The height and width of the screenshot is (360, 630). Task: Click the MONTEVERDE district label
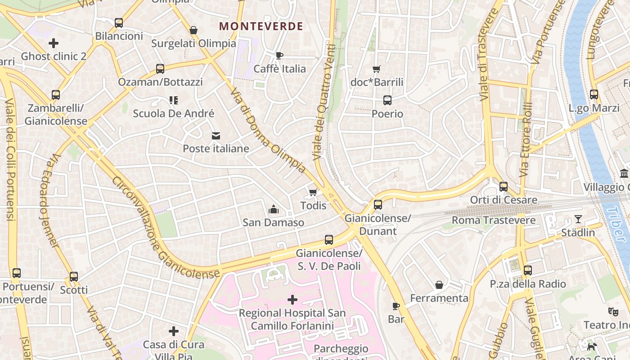tap(261, 26)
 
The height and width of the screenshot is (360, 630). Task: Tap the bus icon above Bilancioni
tap(119, 23)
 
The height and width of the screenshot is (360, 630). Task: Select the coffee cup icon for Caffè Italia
tap(279, 55)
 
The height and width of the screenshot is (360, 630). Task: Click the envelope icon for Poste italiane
tap(216, 135)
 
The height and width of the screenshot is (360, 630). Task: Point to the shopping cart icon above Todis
tap(313, 193)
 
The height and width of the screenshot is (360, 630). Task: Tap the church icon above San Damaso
tap(273, 209)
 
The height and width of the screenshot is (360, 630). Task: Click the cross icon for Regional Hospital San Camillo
tap(292, 300)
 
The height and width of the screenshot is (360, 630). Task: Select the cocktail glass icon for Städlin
tap(578, 220)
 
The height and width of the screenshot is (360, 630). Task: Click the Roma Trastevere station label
tap(494, 220)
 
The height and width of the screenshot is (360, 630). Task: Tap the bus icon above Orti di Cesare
tap(504, 186)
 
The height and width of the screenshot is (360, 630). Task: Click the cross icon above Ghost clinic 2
tap(54, 43)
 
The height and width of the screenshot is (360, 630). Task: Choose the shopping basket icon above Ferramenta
tap(439, 285)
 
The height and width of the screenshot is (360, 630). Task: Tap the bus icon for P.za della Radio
tap(528, 270)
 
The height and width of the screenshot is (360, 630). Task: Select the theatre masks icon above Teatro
tap(612, 311)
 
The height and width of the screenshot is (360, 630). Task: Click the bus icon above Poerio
tap(387, 100)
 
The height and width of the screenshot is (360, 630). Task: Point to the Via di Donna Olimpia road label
tap(269, 131)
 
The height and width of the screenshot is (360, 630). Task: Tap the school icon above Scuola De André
tap(174, 100)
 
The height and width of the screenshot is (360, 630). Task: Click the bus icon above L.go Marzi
tap(594, 94)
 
